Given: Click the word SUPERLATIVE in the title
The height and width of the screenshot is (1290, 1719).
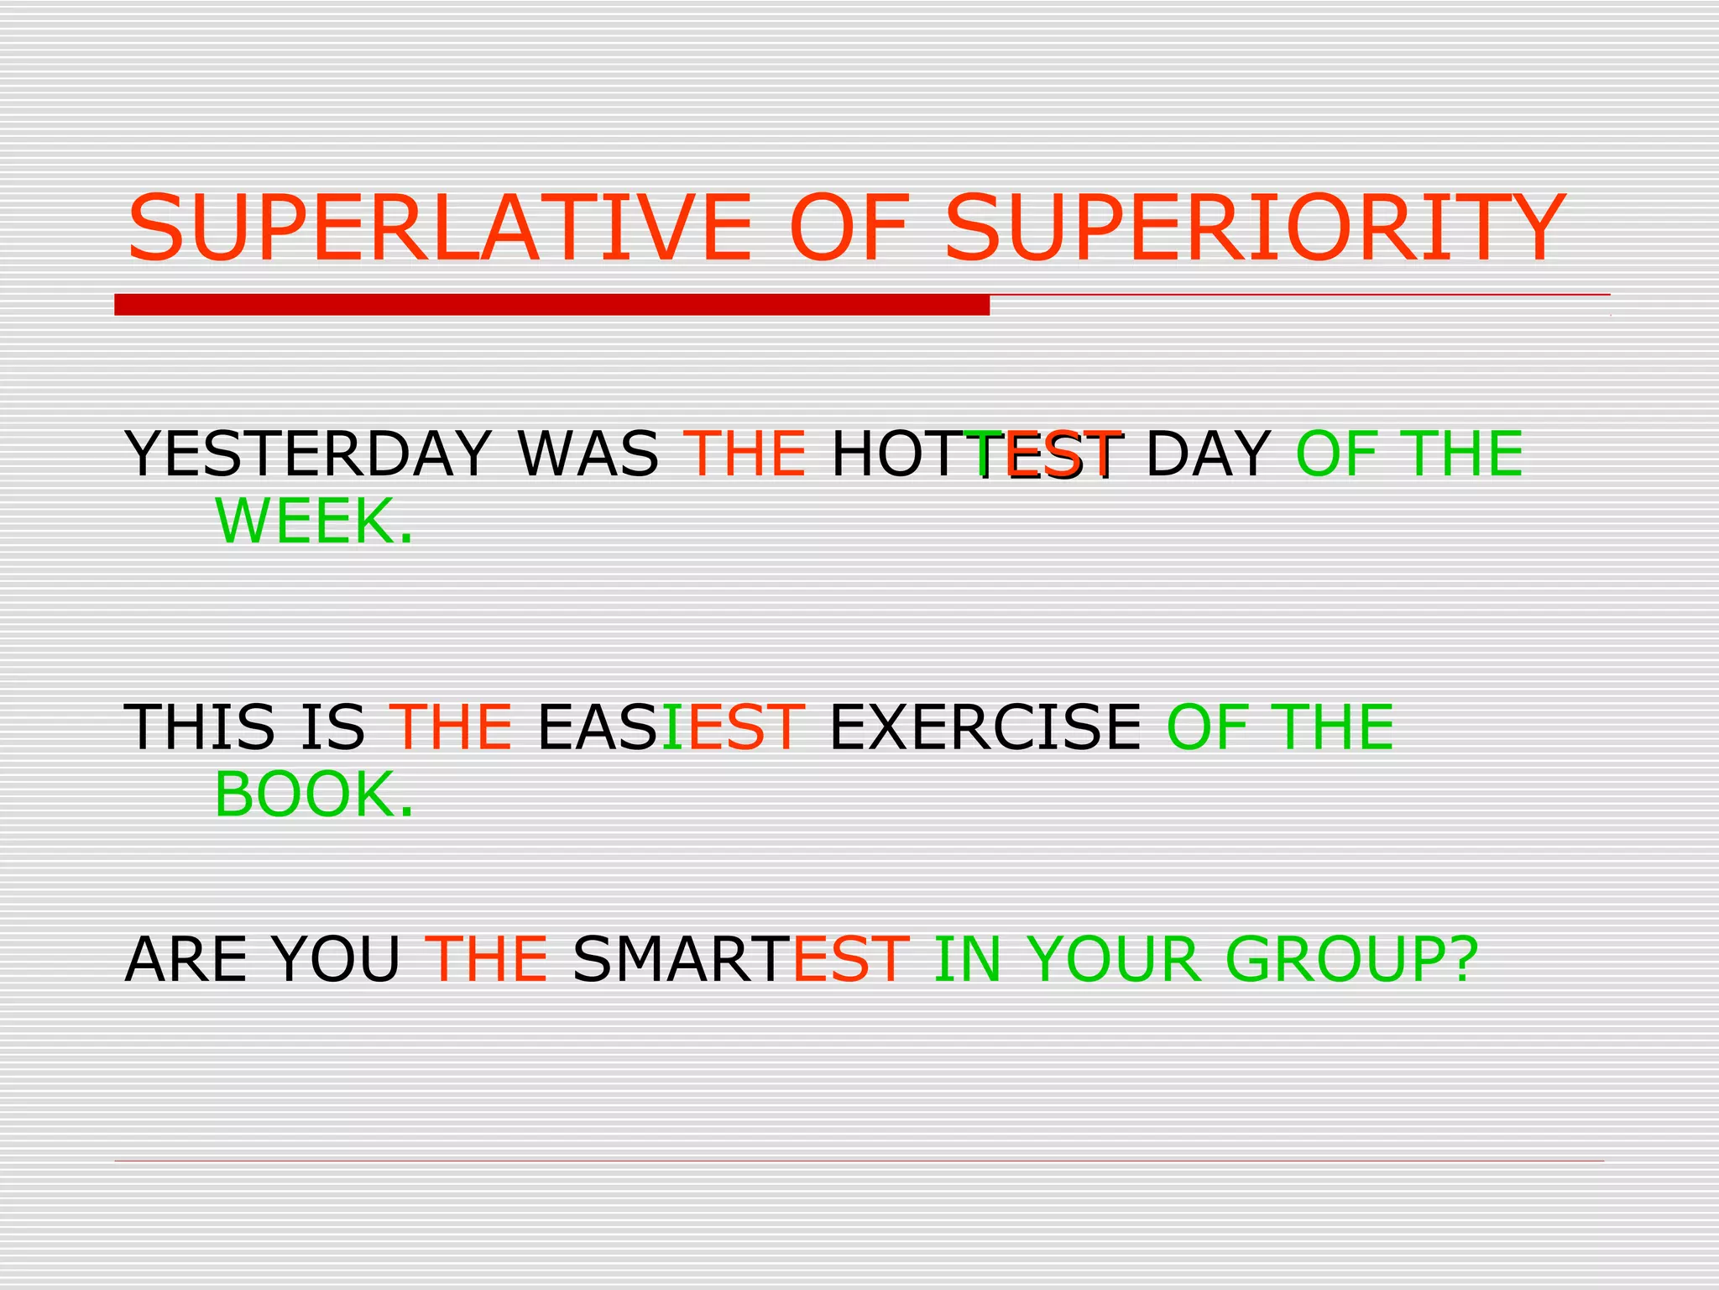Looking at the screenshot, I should tap(439, 228).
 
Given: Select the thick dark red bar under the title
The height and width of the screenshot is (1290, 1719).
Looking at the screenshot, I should tap(551, 305).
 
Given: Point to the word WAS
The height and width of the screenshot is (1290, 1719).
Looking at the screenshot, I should tap(588, 454).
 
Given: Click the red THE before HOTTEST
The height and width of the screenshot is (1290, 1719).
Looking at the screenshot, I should tap(745, 454).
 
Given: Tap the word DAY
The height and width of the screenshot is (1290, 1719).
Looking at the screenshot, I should tap(1208, 454).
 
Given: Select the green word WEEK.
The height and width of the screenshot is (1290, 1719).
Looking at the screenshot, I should tap(314, 522).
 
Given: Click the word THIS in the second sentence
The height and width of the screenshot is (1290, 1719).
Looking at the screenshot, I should tap(200, 726).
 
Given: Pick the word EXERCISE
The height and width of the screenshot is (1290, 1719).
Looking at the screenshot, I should tap(985, 726).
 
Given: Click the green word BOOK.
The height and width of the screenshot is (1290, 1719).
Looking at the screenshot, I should tap(314, 794).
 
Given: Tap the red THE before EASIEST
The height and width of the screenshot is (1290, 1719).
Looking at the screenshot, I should tap(450, 726).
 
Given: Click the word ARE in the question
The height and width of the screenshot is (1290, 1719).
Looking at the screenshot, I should tap(185, 959).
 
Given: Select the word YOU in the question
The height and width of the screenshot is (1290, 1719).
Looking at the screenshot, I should tap(336, 959).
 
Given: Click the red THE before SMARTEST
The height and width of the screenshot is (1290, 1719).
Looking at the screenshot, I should tap(486, 959).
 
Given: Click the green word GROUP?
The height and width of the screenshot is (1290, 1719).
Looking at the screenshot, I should tap(1351, 959).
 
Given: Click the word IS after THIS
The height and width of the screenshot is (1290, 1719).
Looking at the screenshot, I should tap(332, 726).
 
